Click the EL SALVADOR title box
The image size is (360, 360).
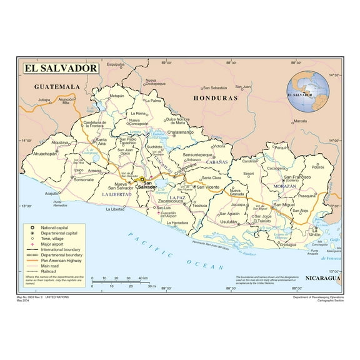(61, 67)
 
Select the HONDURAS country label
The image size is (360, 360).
(216, 99)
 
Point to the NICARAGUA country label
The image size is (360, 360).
(322, 277)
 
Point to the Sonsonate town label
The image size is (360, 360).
(82, 179)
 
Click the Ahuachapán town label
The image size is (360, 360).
(45, 154)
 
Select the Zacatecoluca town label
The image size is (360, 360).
(184, 202)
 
